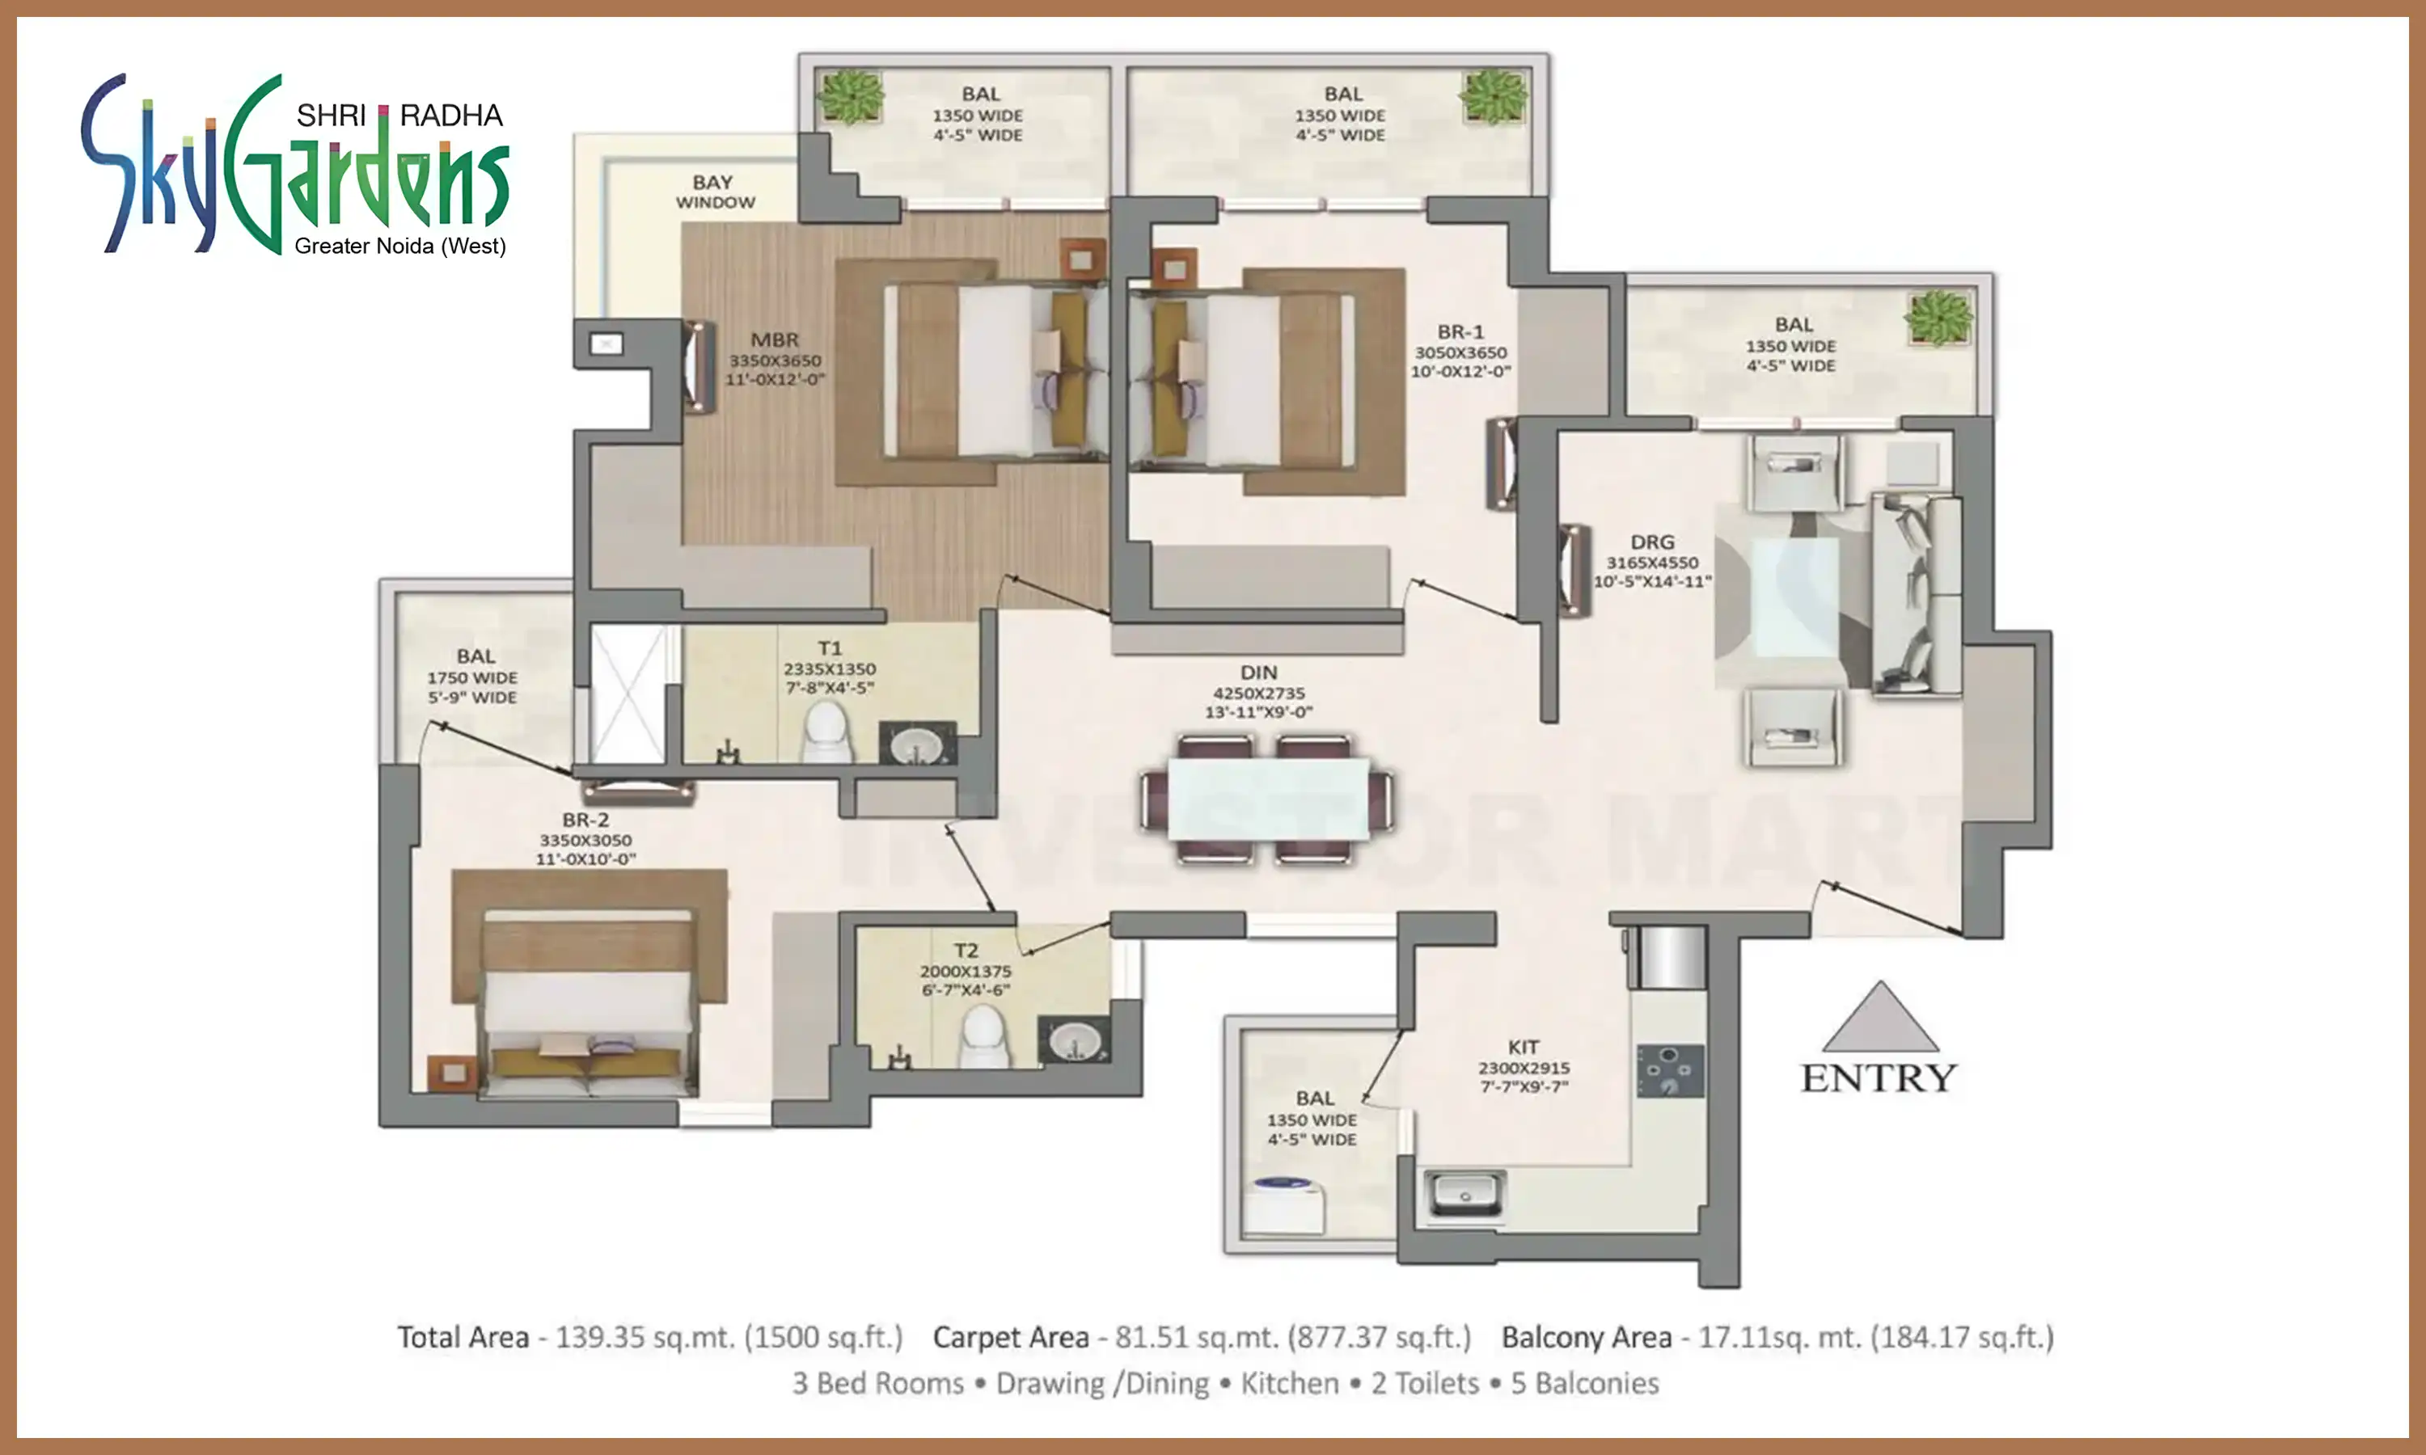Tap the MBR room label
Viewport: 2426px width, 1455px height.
point(775,340)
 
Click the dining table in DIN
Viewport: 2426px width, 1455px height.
point(1267,799)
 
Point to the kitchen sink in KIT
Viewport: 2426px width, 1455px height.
point(1464,1193)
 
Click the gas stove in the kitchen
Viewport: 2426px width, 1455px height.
point(1670,1071)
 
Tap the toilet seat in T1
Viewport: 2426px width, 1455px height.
point(825,733)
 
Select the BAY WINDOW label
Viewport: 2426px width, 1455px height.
point(714,192)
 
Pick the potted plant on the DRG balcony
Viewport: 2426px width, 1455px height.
point(1938,318)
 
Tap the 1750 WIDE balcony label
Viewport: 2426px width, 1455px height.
point(471,677)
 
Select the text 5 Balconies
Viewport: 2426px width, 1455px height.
point(1585,1383)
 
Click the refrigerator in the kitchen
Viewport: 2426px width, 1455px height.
point(1667,957)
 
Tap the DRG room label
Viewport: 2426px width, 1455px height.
point(1652,542)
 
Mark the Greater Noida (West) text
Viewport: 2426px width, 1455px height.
point(400,246)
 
